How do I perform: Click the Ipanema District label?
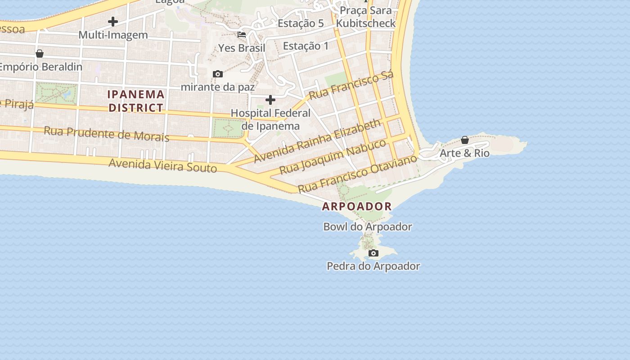[x=136, y=101]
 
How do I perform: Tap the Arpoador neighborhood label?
[x=357, y=207]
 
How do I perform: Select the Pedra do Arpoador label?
[x=373, y=266]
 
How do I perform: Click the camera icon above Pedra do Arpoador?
[x=373, y=253]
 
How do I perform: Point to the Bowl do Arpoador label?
[x=368, y=227]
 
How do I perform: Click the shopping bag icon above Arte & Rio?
[x=465, y=140]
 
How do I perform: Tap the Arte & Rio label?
[x=464, y=153]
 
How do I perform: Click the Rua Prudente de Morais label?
[x=107, y=134]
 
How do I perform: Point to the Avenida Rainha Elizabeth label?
[x=317, y=141]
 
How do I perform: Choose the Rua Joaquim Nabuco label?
[x=333, y=157]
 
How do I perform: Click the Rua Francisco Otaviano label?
[x=358, y=173]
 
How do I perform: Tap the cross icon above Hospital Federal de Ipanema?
[x=270, y=99]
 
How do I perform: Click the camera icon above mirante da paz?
[x=218, y=74]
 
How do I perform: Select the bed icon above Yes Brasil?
[x=242, y=35]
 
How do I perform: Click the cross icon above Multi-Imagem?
[x=113, y=21]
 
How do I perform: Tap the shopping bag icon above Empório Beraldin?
[x=40, y=54]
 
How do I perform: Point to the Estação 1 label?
[x=306, y=46]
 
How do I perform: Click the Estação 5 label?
[x=301, y=23]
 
